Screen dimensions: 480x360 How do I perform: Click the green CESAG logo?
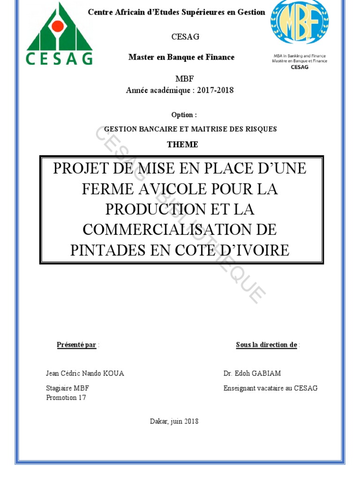coord(59,34)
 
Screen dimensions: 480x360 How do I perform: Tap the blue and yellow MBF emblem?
coord(300,22)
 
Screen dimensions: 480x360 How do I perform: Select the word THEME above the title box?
coord(182,144)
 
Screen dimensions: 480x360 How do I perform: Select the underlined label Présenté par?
coord(76,345)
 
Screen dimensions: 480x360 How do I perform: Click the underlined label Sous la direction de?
coord(266,345)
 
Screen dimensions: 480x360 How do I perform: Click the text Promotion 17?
coord(66,397)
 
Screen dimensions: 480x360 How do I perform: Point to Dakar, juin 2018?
coord(174,421)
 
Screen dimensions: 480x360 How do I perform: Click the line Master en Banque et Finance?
coord(181,57)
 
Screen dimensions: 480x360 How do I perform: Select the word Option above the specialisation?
coord(182,115)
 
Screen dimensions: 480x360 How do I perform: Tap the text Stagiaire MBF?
coord(67,388)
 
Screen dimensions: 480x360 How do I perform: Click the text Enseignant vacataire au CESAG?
coord(270,388)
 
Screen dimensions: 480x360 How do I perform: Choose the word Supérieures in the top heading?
coord(204,12)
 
